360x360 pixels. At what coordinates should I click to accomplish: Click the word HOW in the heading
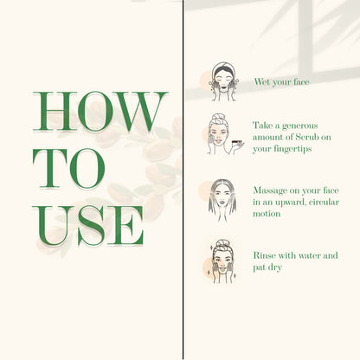point(100,112)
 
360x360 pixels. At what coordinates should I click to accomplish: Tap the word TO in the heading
point(69,169)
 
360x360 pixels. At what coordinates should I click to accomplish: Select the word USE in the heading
point(88,226)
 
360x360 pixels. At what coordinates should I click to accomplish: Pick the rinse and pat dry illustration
point(222,261)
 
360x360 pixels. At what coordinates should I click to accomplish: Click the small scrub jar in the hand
point(237,142)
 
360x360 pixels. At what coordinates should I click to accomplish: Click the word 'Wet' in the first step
point(262,81)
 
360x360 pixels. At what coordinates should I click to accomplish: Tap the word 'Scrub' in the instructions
point(306,137)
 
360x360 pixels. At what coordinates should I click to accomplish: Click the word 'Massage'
point(269,191)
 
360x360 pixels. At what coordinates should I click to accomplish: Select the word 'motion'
point(267,214)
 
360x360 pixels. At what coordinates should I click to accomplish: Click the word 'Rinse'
point(264,255)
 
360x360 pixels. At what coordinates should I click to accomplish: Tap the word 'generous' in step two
point(300,126)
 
